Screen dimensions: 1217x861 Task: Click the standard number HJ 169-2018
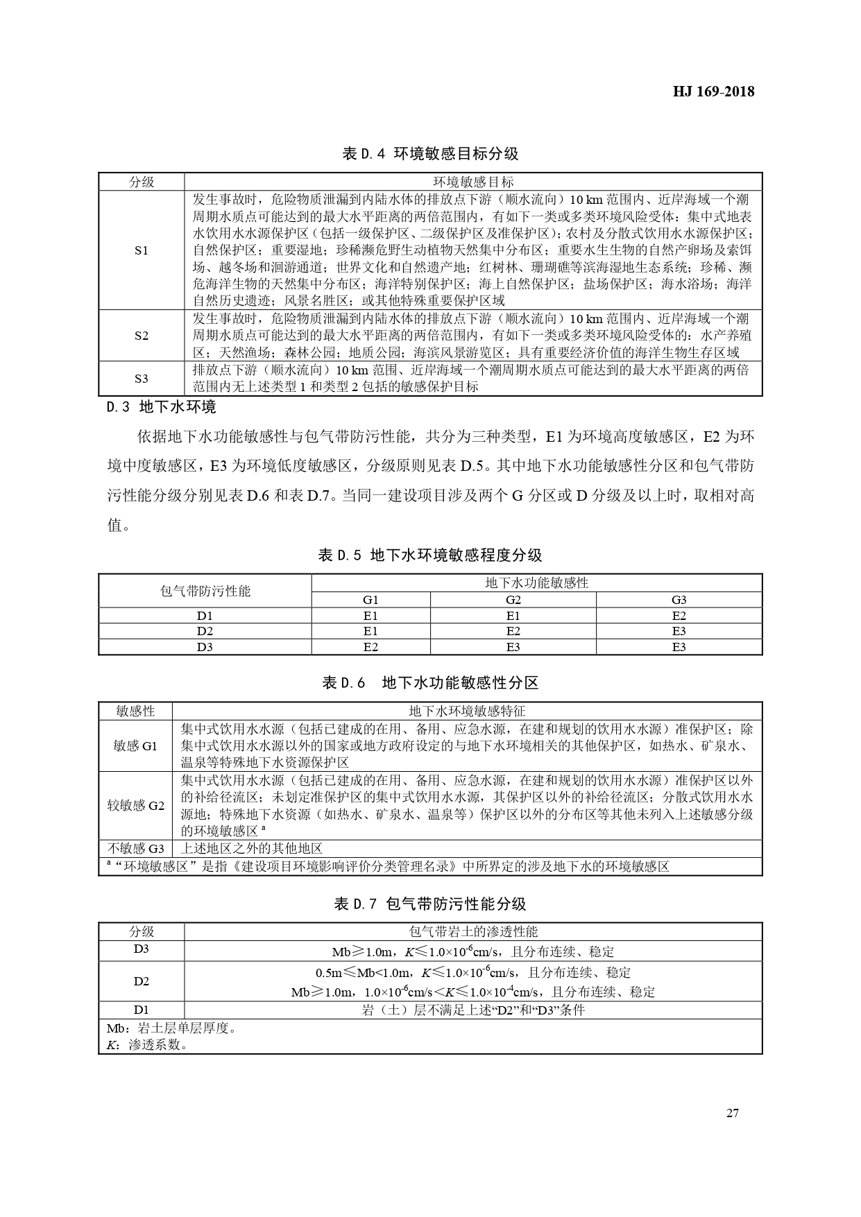[x=713, y=92]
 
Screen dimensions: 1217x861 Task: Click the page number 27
[x=733, y=1113]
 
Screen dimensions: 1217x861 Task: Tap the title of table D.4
[x=430, y=153]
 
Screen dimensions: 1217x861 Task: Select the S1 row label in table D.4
[x=142, y=250]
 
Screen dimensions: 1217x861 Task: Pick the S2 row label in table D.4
[x=142, y=336]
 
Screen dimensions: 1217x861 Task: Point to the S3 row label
[x=142, y=379]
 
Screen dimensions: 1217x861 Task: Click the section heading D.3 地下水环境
[x=162, y=407]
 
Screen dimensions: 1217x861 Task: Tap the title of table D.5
[x=430, y=555]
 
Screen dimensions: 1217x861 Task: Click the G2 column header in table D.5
[x=513, y=600]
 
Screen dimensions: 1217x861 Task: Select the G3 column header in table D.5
[x=679, y=600]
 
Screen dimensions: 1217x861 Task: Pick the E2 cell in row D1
[x=679, y=616]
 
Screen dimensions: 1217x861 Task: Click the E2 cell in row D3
[x=370, y=647]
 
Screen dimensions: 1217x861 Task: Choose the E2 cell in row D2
[x=513, y=631]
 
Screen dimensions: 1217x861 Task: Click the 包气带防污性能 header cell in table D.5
[x=205, y=591]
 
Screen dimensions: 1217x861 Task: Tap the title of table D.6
[x=430, y=683]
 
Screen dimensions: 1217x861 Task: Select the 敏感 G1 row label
[x=136, y=746]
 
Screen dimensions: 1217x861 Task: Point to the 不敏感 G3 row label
[x=136, y=849]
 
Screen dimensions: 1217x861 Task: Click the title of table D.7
[x=430, y=904]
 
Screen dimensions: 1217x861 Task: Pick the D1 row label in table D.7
[x=142, y=1010]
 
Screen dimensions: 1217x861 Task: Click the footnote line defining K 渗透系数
[x=147, y=1045]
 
